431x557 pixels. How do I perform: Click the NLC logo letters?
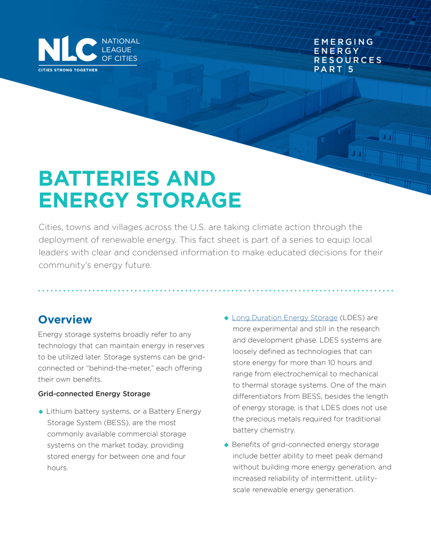[x=67, y=49]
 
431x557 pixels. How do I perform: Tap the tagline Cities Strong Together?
[x=68, y=70]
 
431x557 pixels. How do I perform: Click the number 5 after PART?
[x=351, y=69]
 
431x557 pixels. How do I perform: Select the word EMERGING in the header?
[x=343, y=42]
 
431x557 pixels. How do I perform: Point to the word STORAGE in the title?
[x=189, y=200]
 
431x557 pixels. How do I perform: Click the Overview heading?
[x=65, y=320]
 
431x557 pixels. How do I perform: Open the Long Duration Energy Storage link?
[x=285, y=318]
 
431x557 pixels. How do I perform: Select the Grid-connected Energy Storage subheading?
[x=94, y=394]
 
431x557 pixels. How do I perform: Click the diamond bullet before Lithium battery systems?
[x=41, y=412]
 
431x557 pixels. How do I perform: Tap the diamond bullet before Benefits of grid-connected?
[x=226, y=445]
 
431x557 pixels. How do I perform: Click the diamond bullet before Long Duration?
[x=226, y=318]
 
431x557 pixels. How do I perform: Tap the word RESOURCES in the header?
[x=347, y=60]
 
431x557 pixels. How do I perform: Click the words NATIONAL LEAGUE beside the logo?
[x=120, y=45]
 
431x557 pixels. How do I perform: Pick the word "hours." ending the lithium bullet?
[x=58, y=468]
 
